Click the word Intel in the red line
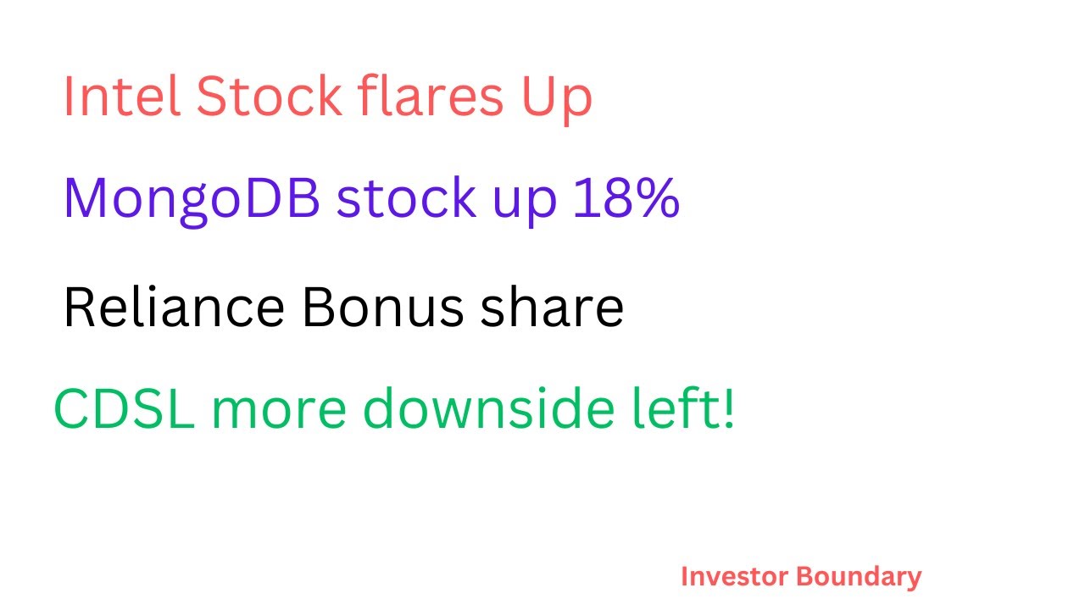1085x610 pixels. pyautogui.click(x=121, y=97)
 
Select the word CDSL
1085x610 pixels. pyautogui.click(x=124, y=410)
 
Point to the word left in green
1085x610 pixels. pyautogui.click(x=687, y=410)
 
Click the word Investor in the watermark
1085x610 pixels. pyautogui.click(x=734, y=577)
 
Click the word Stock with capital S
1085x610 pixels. pyautogui.click(x=269, y=97)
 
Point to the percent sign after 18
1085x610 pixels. pyautogui.click(x=656, y=197)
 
